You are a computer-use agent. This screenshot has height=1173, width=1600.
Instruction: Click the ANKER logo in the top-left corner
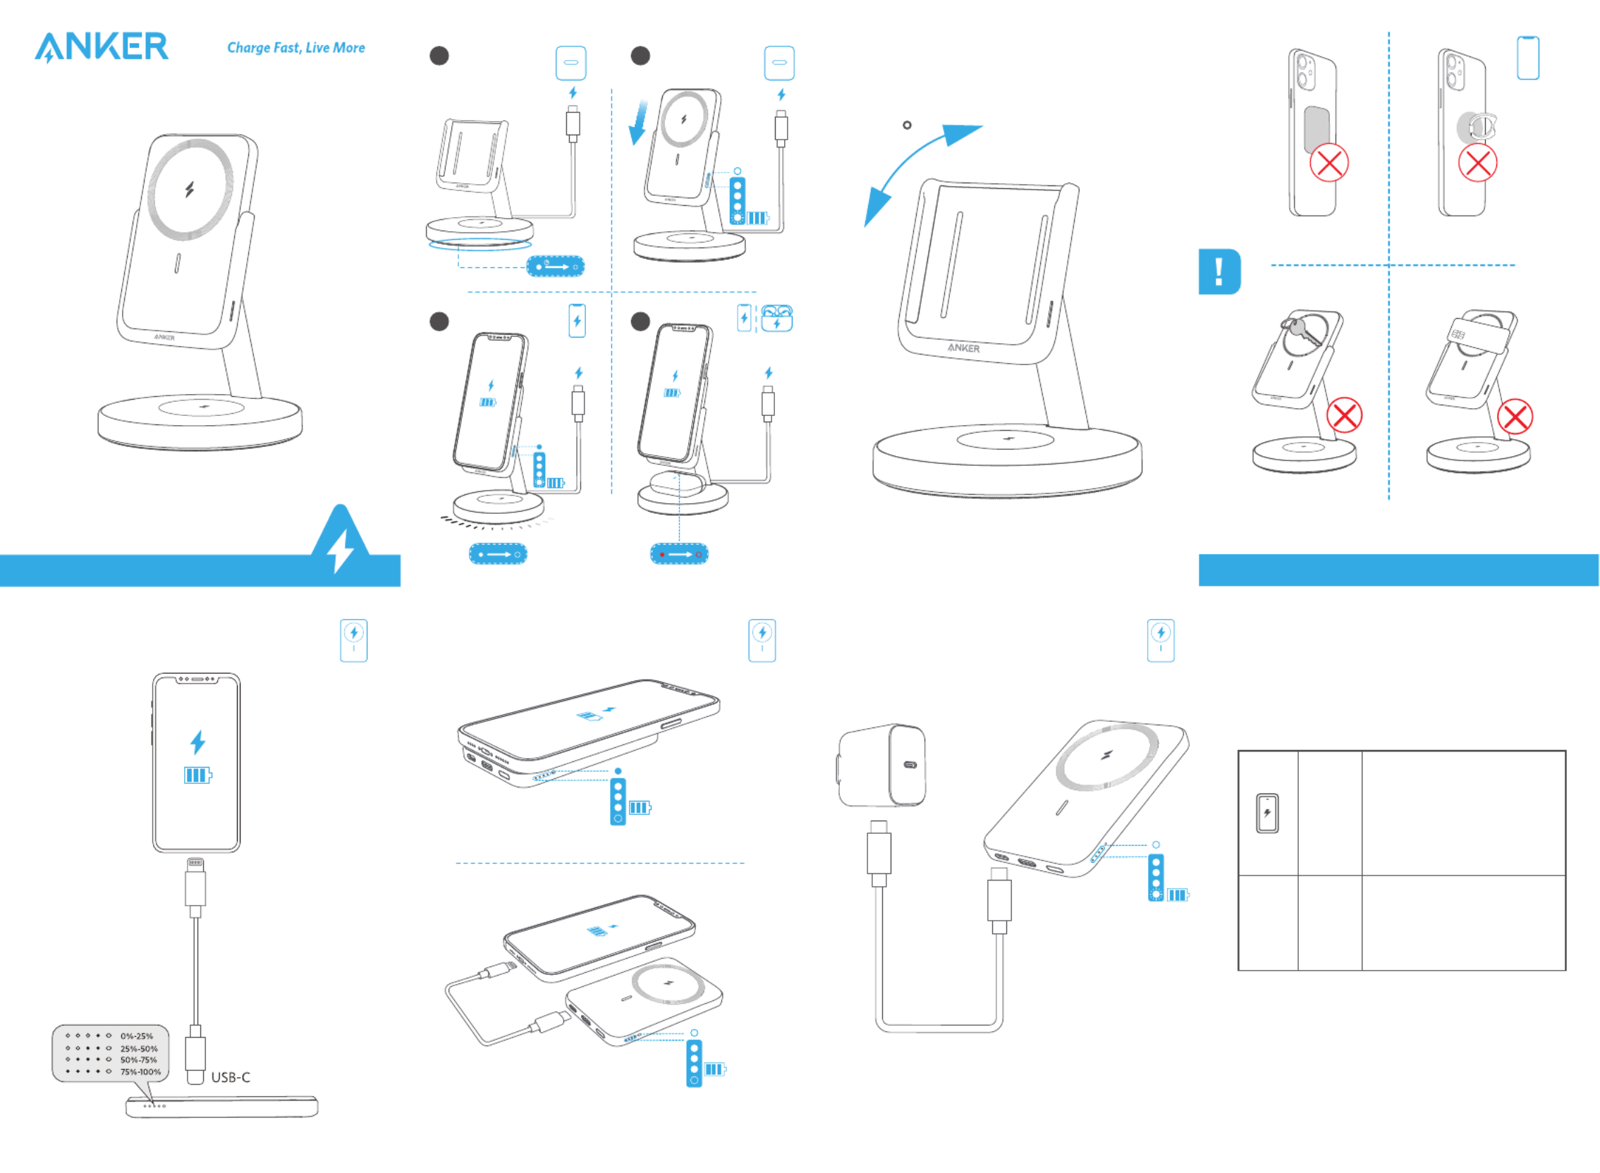pos(102,47)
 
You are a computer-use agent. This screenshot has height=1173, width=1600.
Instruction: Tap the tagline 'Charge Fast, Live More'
pos(295,47)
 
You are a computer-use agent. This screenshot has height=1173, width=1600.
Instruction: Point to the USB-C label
pos(230,1077)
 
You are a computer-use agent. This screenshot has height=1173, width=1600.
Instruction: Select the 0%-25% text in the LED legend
pos(136,1036)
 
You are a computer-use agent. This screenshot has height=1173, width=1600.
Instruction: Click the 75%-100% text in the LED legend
pos(140,1071)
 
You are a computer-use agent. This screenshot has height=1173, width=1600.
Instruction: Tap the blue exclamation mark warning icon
pos(1219,271)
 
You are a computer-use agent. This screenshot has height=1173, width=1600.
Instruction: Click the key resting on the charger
pos(1303,330)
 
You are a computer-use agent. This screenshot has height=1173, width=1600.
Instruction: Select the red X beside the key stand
pos(1343,415)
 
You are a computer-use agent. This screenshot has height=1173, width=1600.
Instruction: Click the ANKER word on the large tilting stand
pos(963,348)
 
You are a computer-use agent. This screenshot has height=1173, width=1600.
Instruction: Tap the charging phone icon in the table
pos(1267,813)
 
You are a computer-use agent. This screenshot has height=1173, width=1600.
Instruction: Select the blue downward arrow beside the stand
pos(638,122)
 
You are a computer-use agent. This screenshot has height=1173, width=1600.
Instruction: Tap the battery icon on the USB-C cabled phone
pos(197,775)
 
